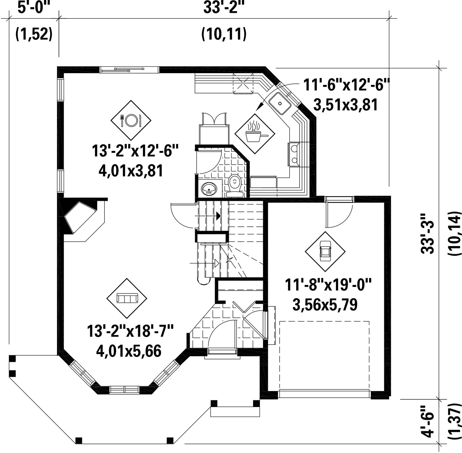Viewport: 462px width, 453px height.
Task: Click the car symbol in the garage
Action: (325, 251)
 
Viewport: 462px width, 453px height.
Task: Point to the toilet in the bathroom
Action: (234, 186)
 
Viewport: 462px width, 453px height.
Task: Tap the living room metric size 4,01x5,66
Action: (129, 351)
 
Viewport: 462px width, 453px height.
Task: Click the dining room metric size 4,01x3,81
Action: (131, 171)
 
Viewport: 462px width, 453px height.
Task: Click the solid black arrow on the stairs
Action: (218, 216)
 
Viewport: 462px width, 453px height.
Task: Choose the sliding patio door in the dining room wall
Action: (129, 69)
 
